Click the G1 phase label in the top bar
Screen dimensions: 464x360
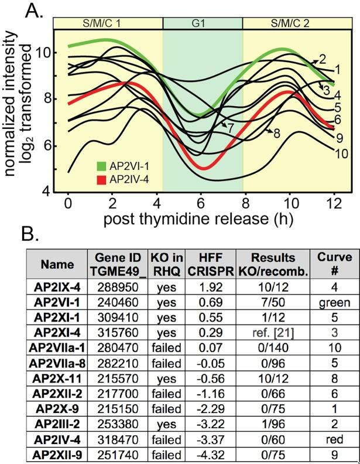coord(202,23)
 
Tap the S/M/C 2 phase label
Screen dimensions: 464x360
coord(297,23)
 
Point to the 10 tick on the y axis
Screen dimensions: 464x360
coord(46,53)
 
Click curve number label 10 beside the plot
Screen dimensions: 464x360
coord(342,153)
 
